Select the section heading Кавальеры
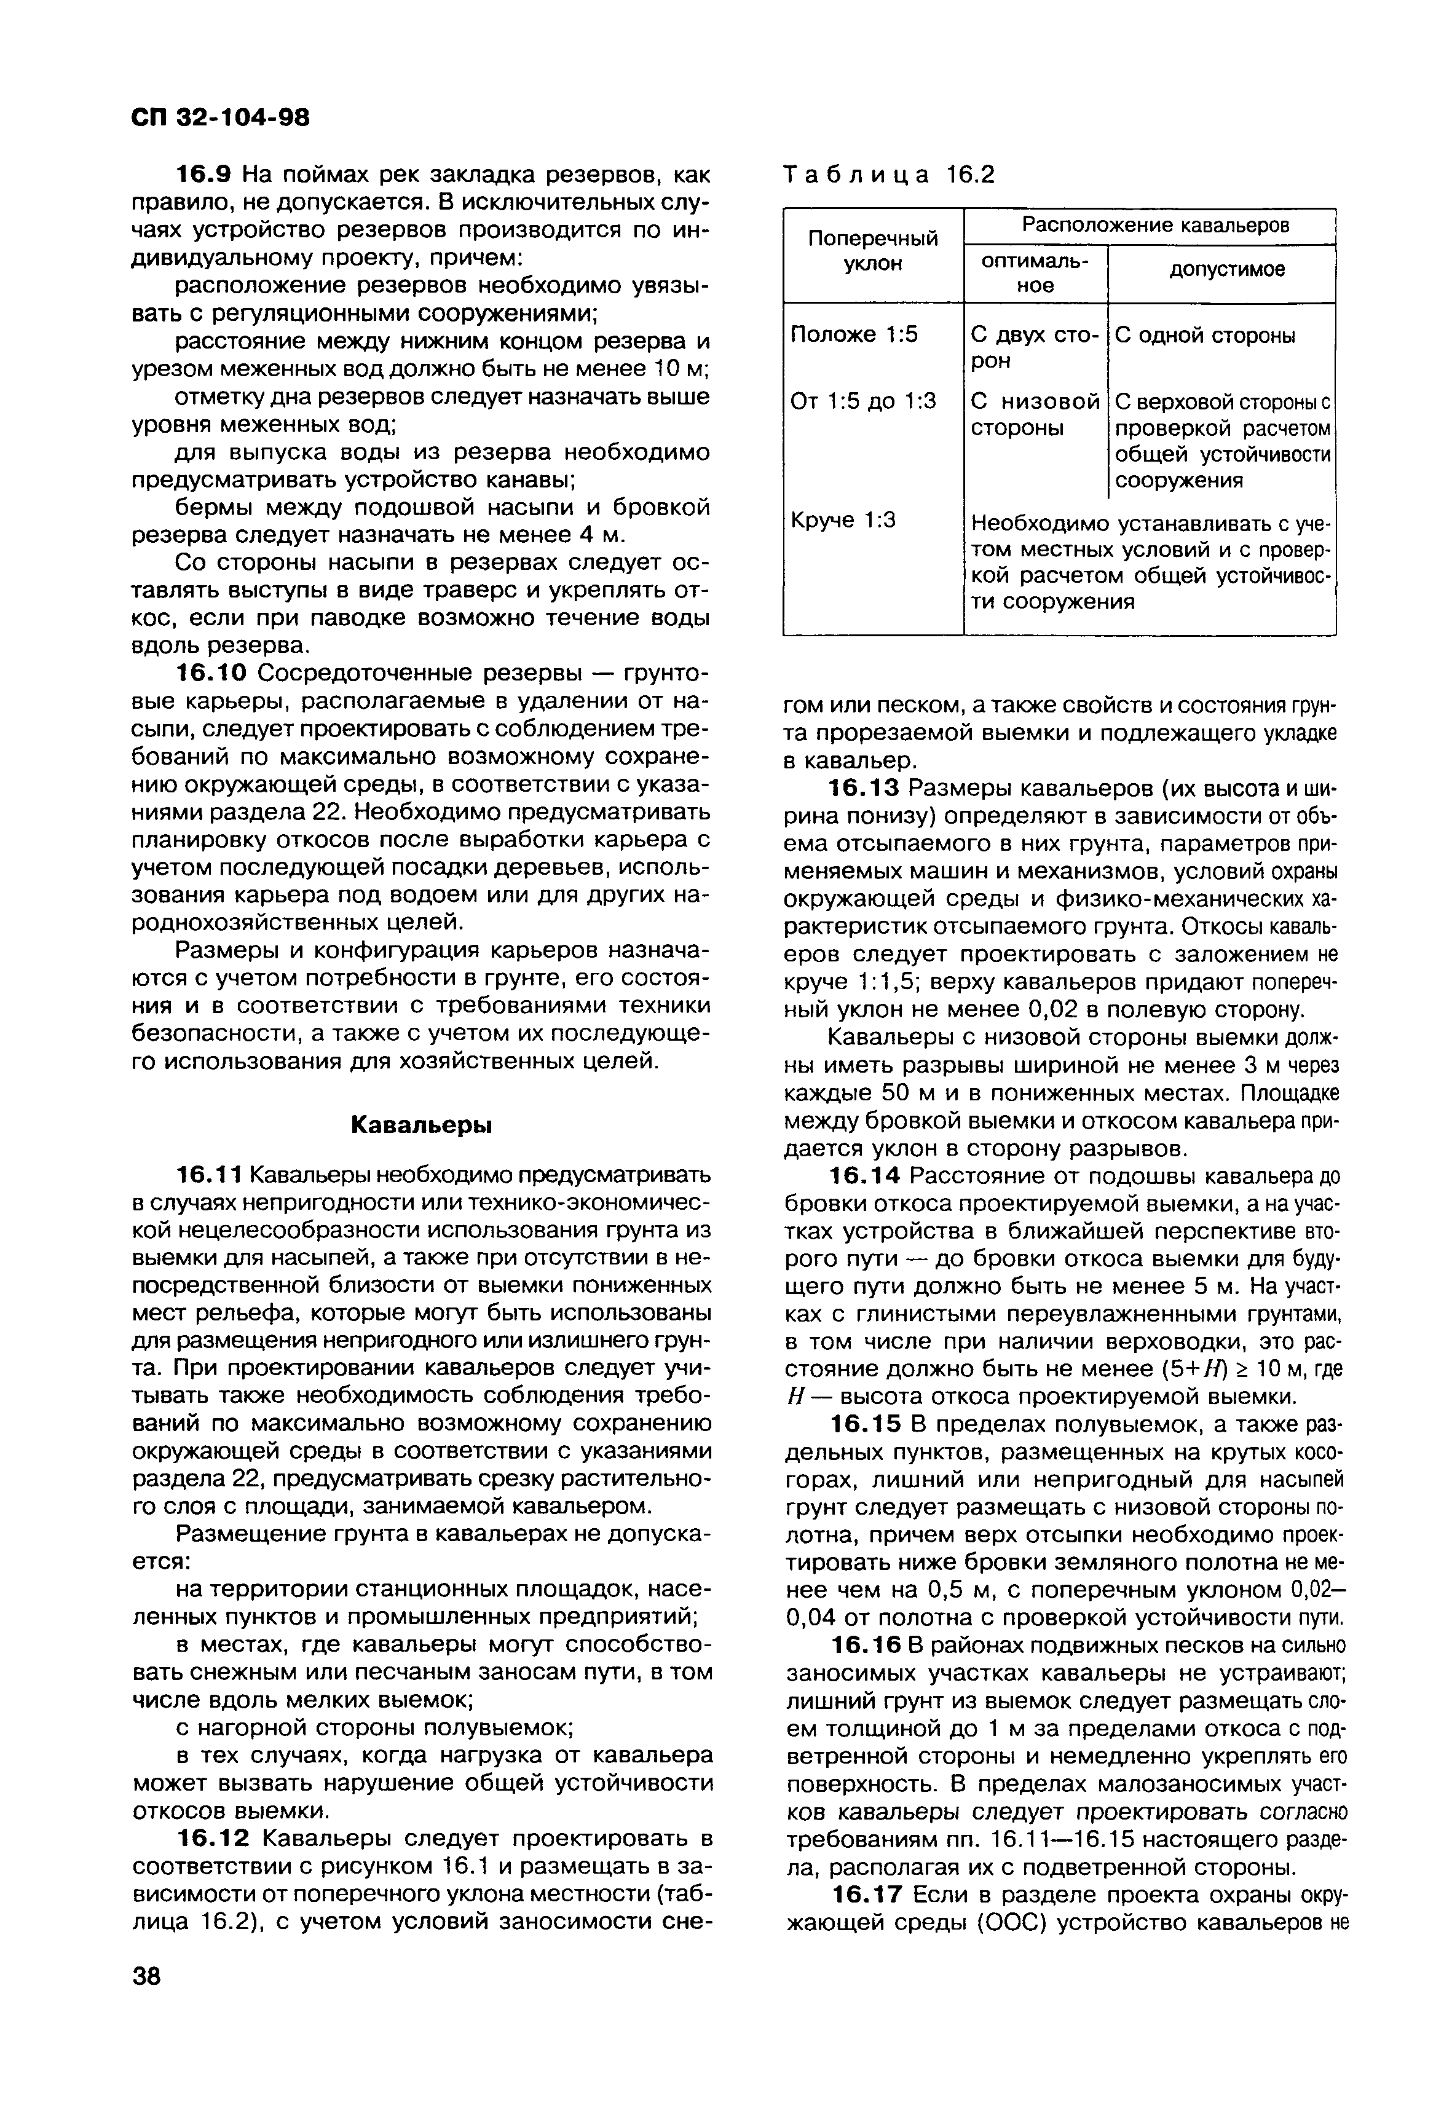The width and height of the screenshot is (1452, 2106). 421,1124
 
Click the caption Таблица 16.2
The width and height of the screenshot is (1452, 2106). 889,174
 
